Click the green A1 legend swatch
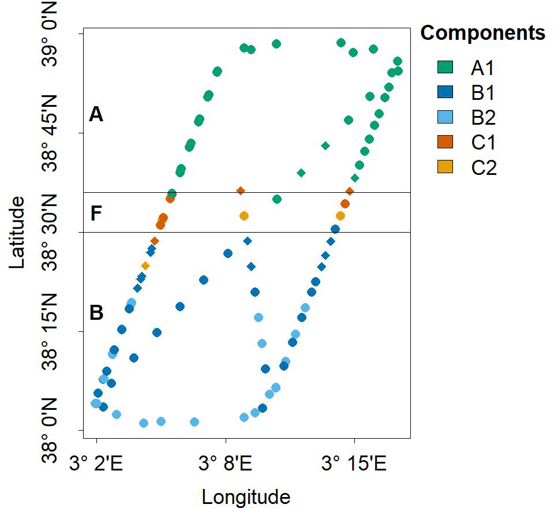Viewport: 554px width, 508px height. pyautogui.click(x=446, y=68)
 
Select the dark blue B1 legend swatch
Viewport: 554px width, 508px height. pyautogui.click(x=446, y=92)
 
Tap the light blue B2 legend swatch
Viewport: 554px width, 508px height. pyautogui.click(x=446, y=117)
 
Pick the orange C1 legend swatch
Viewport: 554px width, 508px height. pyautogui.click(x=446, y=142)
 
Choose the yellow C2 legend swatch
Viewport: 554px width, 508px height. pyautogui.click(x=446, y=167)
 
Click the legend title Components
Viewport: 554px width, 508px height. pyautogui.click(x=482, y=33)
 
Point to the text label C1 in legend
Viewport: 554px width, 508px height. pyautogui.click(x=484, y=143)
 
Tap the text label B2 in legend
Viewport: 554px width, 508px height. pyautogui.click(x=484, y=118)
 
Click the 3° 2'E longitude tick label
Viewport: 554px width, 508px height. pyautogui.click(x=96, y=464)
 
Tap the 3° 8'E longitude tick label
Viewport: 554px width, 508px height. pyautogui.click(x=226, y=464)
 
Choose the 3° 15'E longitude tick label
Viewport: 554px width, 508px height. pyautogui.click(x=354, y=464)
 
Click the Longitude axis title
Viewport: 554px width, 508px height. pyautogui.click(x=245, y=496)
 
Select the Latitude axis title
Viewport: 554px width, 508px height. pyautogui.click(x=18, y=231)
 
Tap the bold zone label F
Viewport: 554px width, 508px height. pyautogui.click(x=96, y=214)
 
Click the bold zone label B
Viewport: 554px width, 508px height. pyautogui.click(x=96, y=313)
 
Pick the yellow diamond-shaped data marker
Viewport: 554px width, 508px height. pyautogui.click(x=145, y=266)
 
